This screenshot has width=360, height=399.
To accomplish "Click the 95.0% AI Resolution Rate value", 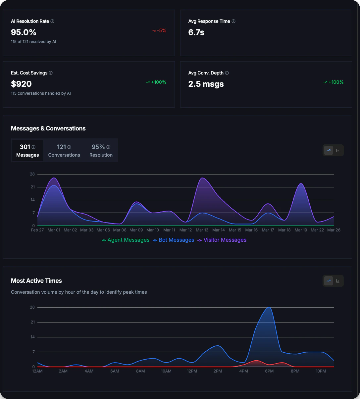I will [24, 32].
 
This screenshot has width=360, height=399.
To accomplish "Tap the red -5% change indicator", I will [159, 30].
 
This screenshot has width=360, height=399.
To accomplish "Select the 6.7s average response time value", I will [196, 32].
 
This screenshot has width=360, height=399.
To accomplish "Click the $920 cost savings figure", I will [21, 84].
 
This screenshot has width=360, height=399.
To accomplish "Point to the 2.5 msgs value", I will [206, 84].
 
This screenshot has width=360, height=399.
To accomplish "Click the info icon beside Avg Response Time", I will [233, 21].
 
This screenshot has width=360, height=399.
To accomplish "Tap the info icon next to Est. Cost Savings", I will [51, 73].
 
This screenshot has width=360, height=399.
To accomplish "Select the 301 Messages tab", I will [27, 150].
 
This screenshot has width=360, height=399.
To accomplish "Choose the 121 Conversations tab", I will [64, 150].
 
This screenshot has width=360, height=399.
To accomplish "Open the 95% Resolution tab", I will [101, 150].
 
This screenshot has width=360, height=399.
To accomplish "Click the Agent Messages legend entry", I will [126, 240].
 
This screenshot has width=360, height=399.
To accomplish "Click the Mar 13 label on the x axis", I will [202, 230].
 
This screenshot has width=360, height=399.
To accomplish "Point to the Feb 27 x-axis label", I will [37, 230].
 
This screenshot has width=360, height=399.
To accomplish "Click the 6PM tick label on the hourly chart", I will [269, 371].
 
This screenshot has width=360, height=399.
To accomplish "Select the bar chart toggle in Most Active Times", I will [338, 281].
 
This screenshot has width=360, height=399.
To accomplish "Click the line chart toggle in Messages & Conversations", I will [329, 150].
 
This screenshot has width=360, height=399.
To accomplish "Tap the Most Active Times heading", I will [36, 281].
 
